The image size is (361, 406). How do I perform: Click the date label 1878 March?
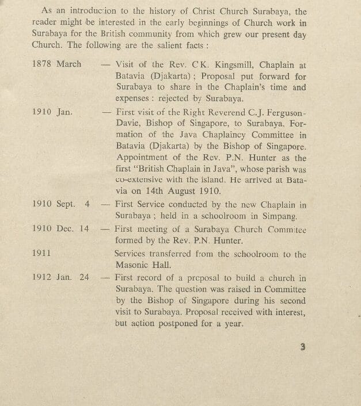coord(57,64)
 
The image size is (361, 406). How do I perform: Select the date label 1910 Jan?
coord(53,112)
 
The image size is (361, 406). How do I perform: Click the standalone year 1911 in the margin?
coord(43,252)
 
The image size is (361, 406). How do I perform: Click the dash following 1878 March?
coord(105,64)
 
